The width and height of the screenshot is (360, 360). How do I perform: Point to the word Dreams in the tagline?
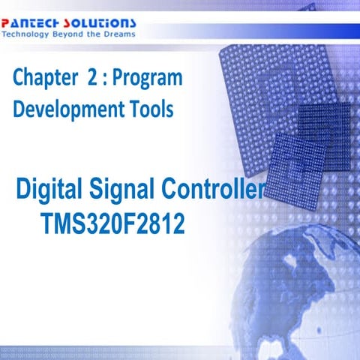[x=120, y=34]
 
